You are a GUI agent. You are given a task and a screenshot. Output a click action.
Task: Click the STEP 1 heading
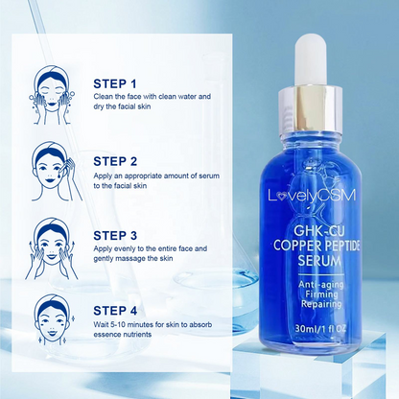click(x=115, y=83)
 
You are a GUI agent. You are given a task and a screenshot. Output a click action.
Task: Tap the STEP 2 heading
click(x=115, y=161)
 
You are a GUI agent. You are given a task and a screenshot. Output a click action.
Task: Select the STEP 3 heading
click(x=115, y=236)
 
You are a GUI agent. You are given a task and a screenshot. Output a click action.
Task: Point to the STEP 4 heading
click(x=115, y=311)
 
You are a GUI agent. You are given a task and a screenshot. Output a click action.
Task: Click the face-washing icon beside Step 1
click(x=52, y=95)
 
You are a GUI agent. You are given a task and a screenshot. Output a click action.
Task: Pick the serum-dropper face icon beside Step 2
click(x=55, y=171)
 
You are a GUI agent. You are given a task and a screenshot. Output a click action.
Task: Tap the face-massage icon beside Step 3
click(x=52, y=248)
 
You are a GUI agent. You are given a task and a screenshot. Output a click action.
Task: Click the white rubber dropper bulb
click(x=310, y=61)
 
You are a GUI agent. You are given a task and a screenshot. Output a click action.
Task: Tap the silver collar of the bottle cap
click(x=310, y=110)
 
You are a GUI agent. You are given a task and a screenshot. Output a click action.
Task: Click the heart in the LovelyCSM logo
click(x=281, y=197)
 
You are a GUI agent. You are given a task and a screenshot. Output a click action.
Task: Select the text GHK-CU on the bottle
click(x=315, y=231)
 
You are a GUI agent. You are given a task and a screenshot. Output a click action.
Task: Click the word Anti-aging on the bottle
click(x=321, y=284)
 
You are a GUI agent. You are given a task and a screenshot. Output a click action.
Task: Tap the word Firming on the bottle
click(x=321, y=294)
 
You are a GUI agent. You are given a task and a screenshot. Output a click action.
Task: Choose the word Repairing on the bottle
click(x=321, y=304)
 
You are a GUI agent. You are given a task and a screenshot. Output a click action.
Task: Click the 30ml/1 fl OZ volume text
click(x=320, y=328)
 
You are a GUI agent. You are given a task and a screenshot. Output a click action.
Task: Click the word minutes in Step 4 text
click(x=140, y=325)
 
